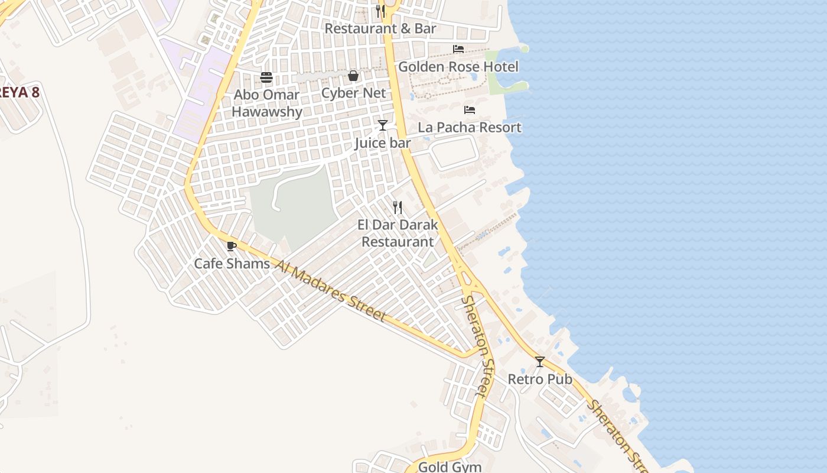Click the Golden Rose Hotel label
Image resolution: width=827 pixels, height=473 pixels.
[x=458, y=67]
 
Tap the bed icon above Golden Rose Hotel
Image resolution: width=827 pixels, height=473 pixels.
[x=458, y=49]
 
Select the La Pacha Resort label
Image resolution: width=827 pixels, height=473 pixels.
[x=470, y=128]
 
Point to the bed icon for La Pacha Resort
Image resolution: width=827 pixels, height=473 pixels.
[x=470, y=110]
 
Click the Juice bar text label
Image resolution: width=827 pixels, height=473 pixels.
[x=383, y=143]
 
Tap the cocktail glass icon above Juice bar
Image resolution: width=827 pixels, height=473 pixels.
[x=383, y=125]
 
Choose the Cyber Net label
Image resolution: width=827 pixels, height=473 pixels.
[x=353, y=93]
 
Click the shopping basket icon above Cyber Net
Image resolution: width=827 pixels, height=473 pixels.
[x=353, y=76]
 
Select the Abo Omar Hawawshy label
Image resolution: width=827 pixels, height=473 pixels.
[x=267, y=103]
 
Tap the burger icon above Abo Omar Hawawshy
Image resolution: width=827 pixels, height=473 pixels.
[x=266, y=77]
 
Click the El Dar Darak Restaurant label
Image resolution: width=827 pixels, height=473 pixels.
[x=398, y=233]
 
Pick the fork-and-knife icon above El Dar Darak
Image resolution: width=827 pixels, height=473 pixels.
[x=398, y=208]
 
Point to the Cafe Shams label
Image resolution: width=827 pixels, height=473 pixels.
[x=232, y=264]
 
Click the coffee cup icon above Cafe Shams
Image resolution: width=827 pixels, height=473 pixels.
[x=232, y=246]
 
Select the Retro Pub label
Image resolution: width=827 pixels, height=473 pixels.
[x=540, y=379]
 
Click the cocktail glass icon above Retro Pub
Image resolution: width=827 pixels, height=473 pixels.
[x=540, y=361]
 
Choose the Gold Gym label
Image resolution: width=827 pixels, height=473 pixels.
[x=450, y=467]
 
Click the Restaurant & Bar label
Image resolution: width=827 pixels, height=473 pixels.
[x=380, y=28]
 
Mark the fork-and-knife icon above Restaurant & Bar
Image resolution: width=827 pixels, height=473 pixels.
[x=380, y=11]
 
